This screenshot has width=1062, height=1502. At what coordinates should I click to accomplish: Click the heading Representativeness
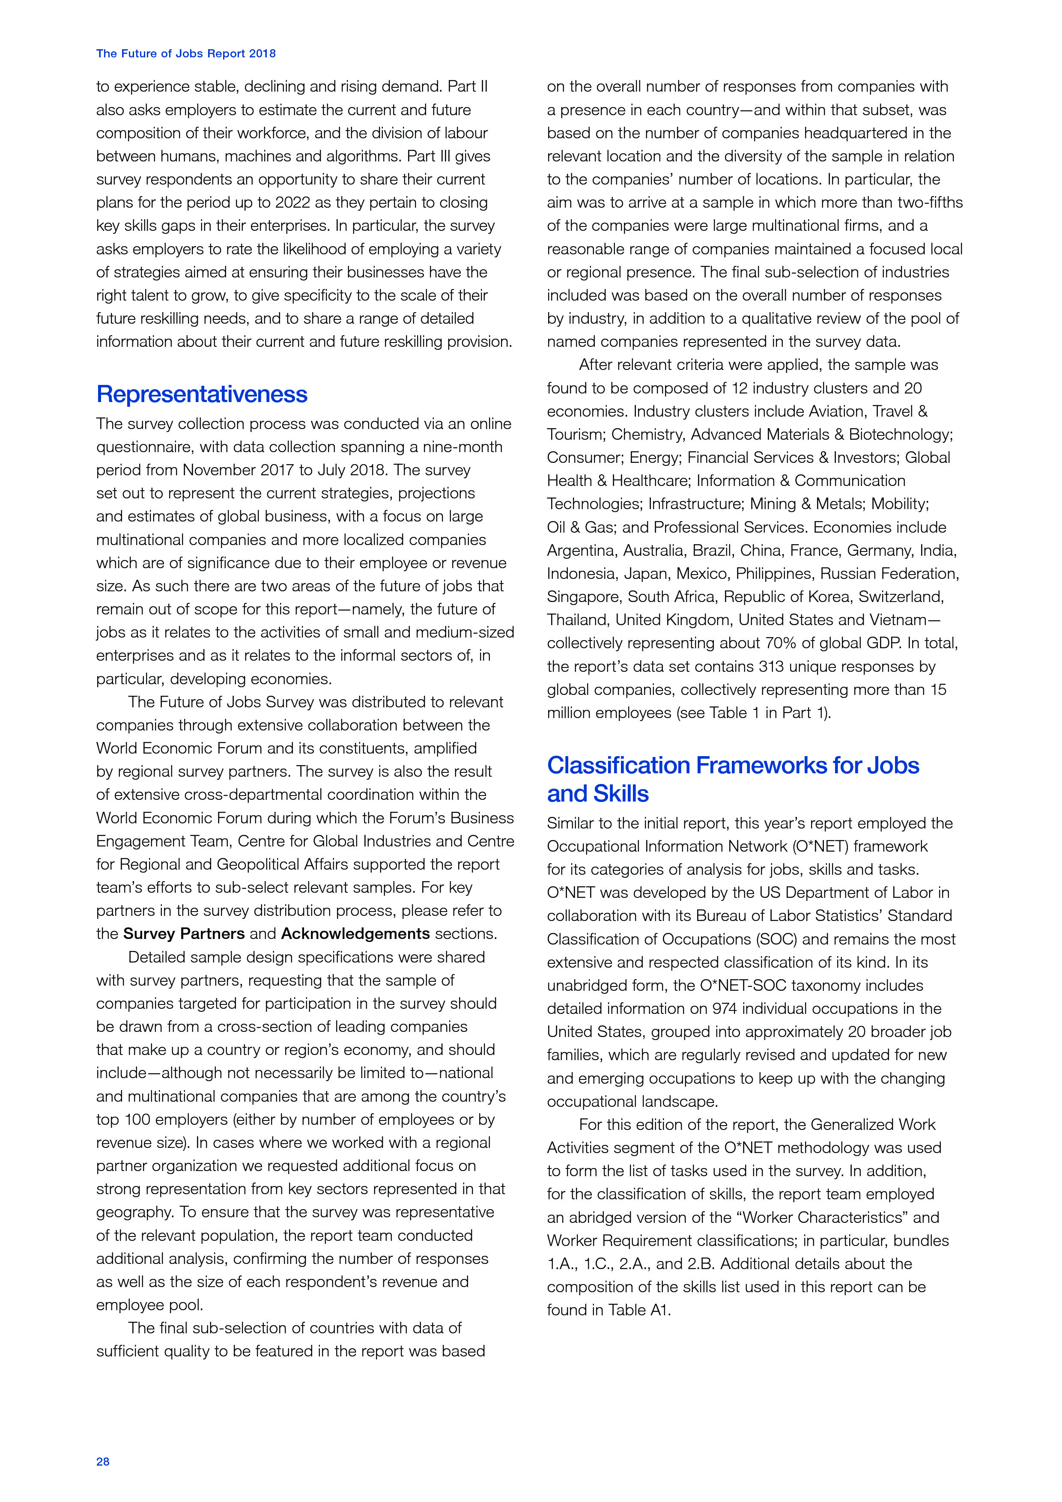coord(202,394)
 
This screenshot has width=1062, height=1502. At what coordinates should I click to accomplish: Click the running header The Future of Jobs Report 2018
coord(186,54)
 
